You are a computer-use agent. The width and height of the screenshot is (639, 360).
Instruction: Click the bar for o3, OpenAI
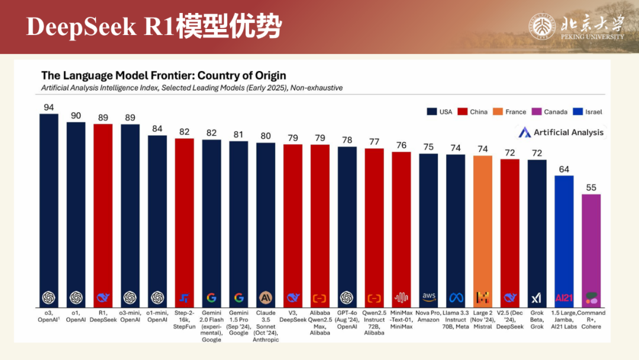[x=49, y=207]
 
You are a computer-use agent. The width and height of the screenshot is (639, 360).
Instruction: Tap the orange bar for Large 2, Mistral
[x=483, y=225]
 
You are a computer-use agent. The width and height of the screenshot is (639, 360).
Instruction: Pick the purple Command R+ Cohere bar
[x=591, y=243]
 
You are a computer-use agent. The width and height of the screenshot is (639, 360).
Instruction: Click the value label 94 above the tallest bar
[x=49, y=107]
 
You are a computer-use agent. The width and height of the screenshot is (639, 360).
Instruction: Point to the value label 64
[x=564, y=169]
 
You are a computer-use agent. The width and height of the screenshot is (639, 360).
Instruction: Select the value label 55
[x=591, y=188]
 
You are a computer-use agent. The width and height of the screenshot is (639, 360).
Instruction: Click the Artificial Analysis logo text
[x=568, y=132]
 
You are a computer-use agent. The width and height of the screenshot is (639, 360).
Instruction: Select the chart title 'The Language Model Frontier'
[x=163, y=75]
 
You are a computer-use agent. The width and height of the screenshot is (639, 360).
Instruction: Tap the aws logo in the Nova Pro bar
[x=429, y=297]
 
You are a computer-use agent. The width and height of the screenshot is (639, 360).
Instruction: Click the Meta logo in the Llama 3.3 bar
[x=456, y=297]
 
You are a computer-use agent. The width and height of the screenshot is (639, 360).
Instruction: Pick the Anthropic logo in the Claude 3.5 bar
[x=266, y=297]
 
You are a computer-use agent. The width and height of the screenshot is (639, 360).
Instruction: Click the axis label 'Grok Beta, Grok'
[x=537, y=319]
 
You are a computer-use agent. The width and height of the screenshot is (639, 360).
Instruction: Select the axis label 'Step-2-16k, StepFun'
[x=184, y=319]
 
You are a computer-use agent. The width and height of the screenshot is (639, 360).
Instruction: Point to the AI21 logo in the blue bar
[x=564, y=297]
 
